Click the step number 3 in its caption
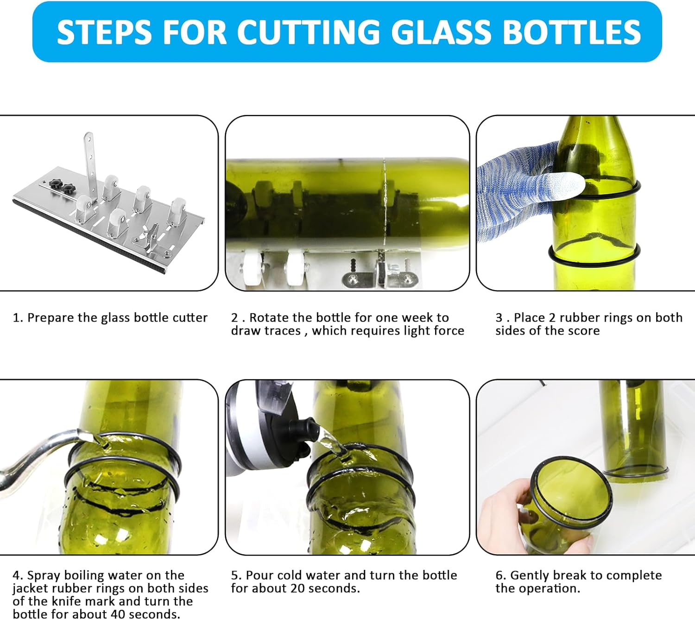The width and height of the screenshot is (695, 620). pos(499,317)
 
